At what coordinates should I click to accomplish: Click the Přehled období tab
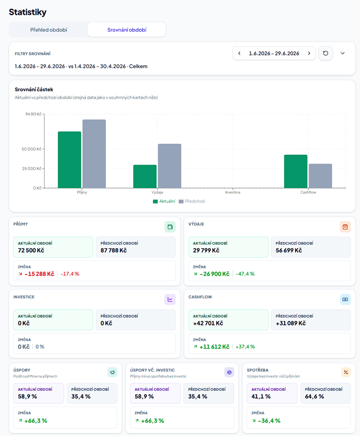pyautogui.click(x=48, y=30)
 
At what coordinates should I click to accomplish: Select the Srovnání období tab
pyautogui.click(x=127, y=30)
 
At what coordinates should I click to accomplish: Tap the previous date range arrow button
pyautogui.click(x=239, y=53)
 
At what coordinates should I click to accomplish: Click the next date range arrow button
pyautogui.click(x=309, y=53)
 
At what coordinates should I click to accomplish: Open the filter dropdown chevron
pyautogui.click(x=342, y=53)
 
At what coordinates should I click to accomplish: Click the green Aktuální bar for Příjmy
pyautogui.click(x=70, y=160)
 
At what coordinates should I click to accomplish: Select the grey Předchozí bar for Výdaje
pyautogui.click(x=170, y=166)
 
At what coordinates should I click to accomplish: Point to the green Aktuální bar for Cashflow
pyautogui.click(x=296, y=171)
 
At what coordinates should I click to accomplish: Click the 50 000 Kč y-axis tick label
pyautogui.click(x=31, y=149)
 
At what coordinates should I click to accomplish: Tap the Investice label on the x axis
pyautogui.click(x=233, y=192)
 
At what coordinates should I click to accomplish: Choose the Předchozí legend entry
pyautogui.click(x=192, y=201)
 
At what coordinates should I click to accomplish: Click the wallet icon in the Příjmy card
pyautogui.click(x=170, y=227)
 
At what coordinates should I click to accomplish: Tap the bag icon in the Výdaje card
pyautogui.click(x=345, y=227)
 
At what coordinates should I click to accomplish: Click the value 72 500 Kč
pyautogui.click(x=31, y=250)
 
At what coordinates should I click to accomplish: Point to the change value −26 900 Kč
pyautogui.click(x=214, y=274)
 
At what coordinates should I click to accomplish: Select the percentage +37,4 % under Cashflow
pyautogui.click(x=245, y=347)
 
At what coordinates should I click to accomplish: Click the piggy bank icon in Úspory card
pyautogui.click(x=112, y=373)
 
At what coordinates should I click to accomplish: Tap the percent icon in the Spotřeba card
pyautogui.click(x=346, y=373)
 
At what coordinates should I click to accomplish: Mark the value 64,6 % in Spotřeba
pyautogui.click(x=315, y=396)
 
